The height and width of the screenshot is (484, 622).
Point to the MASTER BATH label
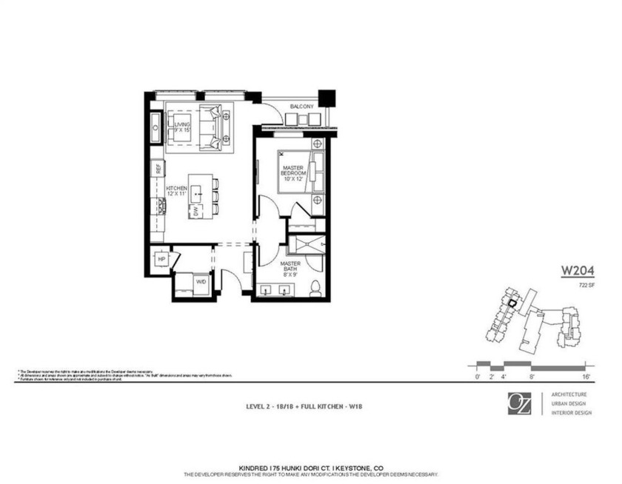coord(290,268)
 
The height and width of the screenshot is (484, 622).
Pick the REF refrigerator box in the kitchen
coord(158,168)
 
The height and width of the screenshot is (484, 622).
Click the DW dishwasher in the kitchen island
coord(195,211)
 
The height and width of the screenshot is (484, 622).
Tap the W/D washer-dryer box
coord(201,282)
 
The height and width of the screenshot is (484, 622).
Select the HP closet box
coord(161,259)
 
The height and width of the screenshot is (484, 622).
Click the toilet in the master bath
coord(315,288)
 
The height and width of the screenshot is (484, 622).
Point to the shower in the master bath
coord(307,244)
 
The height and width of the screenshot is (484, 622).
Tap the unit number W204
coord(578,271)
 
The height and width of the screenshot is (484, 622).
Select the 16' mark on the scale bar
coord(585,377)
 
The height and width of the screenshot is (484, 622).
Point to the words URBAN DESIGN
coord(571,403)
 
